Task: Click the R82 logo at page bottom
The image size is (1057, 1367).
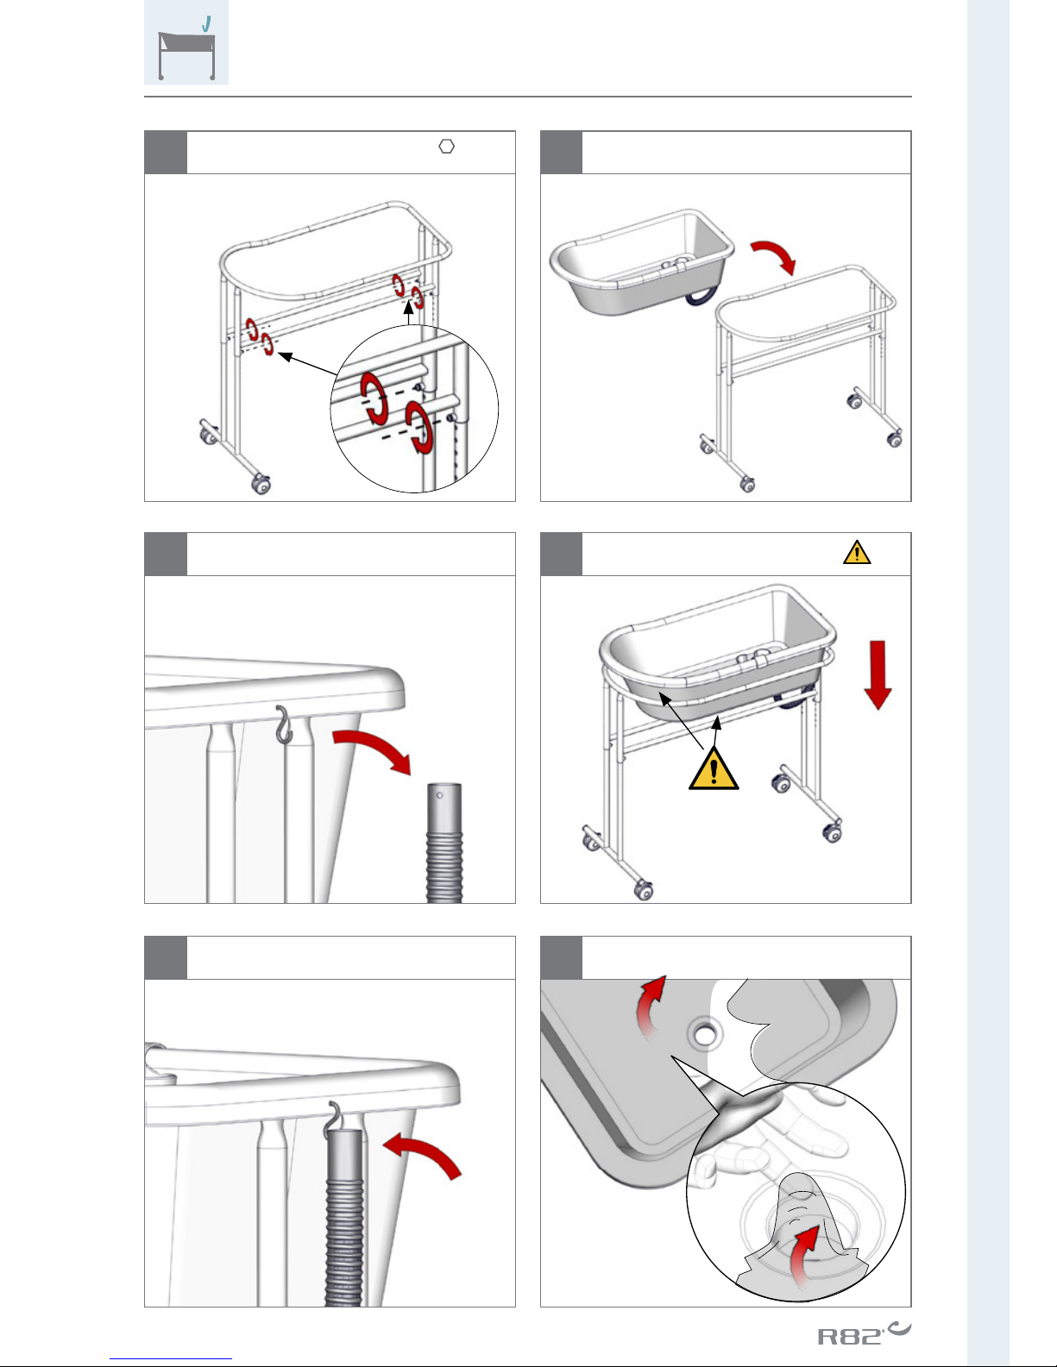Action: tap(864, 1334)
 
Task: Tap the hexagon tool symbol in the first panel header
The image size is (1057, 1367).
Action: tap(446, 147)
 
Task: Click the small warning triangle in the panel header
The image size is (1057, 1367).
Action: tap(857, 552)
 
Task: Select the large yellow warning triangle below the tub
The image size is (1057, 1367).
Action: tap(714, 768)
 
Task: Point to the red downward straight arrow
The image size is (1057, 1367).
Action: tap(878, 675)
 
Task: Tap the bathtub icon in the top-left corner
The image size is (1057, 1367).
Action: tap(186, 42)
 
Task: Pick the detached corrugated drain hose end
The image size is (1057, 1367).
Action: tap(444, 843)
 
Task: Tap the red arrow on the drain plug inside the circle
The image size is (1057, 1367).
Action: tap(804, 1255)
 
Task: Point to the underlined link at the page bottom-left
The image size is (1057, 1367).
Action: tap(171, 1359)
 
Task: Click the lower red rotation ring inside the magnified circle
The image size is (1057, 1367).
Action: tap(418, 427)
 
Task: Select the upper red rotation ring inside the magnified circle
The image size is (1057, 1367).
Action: tap(374, 398)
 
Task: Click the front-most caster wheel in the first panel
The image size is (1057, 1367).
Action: tap(261, 484)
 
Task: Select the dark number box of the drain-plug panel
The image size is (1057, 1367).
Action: tap(561, 957)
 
